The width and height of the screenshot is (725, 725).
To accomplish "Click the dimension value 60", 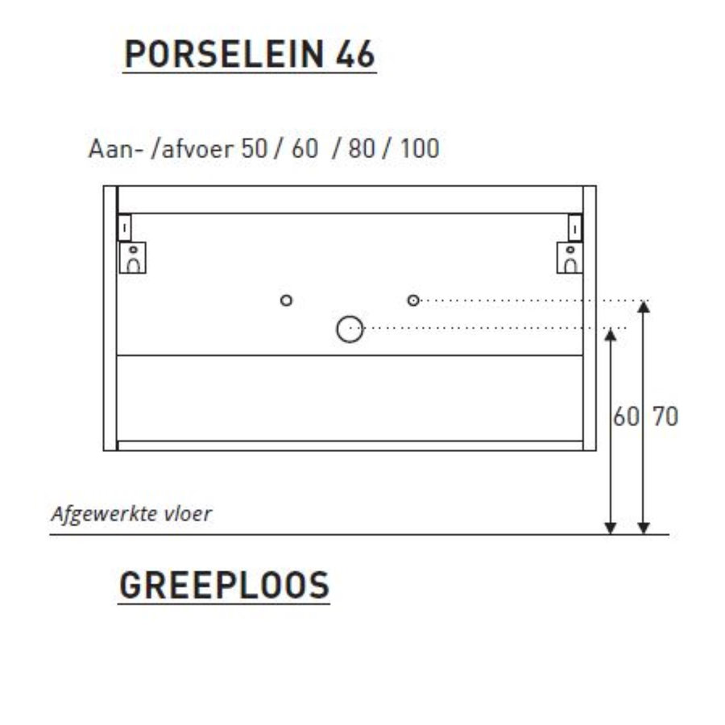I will (x=624, y=417).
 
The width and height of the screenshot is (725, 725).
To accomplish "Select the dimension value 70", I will (x=665, y=417).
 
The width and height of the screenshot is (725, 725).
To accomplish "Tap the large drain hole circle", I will (x=350, y=329).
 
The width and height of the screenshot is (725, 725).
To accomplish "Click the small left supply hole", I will (x=286, y=300).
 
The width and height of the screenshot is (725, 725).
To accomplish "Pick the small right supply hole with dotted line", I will (x=413, y=300).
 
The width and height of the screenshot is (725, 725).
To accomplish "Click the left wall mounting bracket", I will (x=132, y=250).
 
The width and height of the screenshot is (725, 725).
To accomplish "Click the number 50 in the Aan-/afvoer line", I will (x=255, y=150).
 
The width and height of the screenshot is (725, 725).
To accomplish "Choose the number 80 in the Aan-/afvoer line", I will (x=362, y=150).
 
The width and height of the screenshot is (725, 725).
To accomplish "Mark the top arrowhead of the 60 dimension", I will (x=611, y=333).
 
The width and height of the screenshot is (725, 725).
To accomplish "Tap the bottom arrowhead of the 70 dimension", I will (x=643, y=528).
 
